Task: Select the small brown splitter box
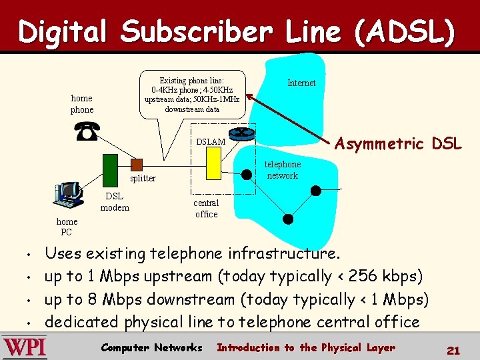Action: point(137,164)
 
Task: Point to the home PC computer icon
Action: point(67,195)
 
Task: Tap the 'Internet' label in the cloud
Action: point(301,83)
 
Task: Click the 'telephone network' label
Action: point(283,170)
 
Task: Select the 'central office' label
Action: point(206,209)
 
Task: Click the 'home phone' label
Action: point(82,104)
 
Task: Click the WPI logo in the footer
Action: point(25,347)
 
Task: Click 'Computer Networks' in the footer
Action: point(151,347)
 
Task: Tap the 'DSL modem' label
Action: point(114,202)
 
